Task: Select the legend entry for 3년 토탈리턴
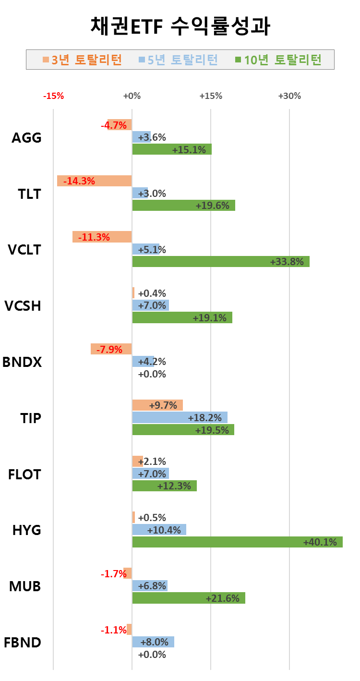tap(82, 60)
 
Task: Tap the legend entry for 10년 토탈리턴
tap(278, 60)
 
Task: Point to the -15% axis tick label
tap(53, 96)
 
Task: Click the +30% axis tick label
tap(289, 96)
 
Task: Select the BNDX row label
tap(22, 362)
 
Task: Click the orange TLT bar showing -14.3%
tap(94, 181)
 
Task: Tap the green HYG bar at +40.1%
tap(237, 542)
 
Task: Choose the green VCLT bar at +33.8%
tap(221, 262)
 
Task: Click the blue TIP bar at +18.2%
tap(180, 417)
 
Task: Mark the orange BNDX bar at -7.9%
tap(111, 349)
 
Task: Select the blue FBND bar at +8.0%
tap(153, 642)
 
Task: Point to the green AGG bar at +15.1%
tap(172, 149)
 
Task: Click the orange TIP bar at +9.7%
tap(157, 405)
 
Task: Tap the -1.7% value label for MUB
tap(114, 573)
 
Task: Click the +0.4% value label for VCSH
tap(152, 293)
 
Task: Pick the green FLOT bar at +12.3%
tap(164, 486)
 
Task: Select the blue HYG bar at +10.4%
tap(159, 530)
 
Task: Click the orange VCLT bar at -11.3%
tap(102, 237)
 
